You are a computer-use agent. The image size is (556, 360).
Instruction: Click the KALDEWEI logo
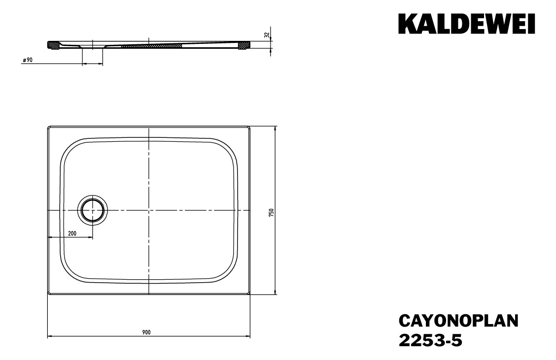point(466,24)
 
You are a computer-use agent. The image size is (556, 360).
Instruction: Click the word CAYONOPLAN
point(458,321)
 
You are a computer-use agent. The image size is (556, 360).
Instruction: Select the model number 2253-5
point(430,340)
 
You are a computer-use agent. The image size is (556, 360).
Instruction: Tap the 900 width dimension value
point(146,332)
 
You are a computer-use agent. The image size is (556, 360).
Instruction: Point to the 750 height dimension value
point(271,212)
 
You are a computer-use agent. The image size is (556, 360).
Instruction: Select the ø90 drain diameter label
point(28,60)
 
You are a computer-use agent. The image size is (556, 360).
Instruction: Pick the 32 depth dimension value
point(267,35)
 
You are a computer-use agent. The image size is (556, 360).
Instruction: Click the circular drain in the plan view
point(92,211)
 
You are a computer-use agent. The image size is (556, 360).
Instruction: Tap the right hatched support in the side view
point(243,45)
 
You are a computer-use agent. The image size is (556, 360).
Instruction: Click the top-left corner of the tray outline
point(48,127)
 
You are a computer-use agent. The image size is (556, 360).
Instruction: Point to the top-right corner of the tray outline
point(249,127)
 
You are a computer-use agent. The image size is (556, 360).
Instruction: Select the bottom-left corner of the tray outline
point(48,294)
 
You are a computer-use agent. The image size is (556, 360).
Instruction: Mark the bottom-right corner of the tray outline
point(249,294)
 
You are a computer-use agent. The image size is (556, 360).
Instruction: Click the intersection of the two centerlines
point(149,211)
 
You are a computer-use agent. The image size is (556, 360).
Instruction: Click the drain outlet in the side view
point(92,48)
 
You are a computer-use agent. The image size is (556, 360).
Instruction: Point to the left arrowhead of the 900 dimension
point(49,337)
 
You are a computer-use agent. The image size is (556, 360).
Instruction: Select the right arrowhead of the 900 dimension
point(249,337)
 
